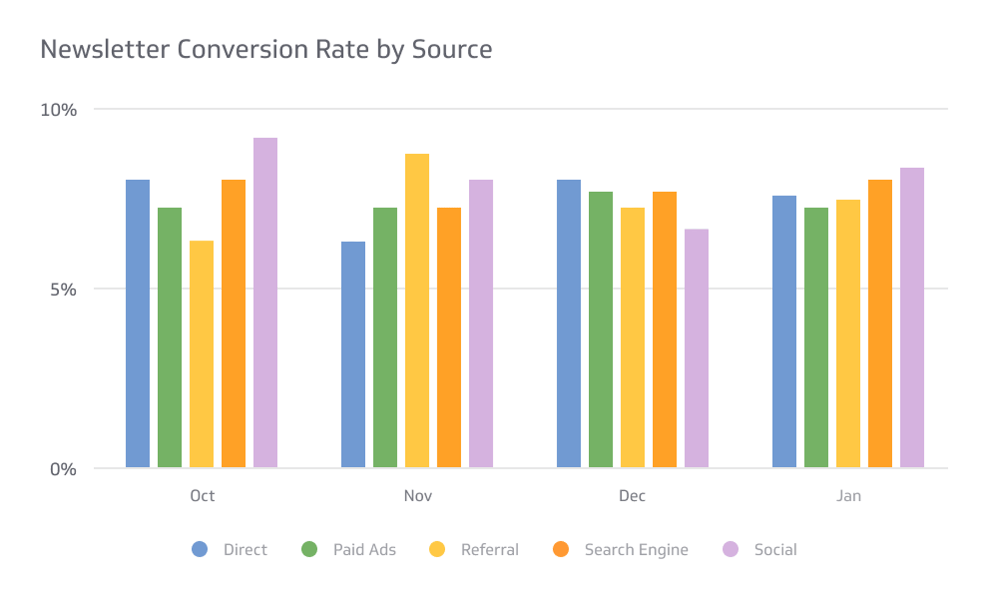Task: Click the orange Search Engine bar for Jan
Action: click(x=880, y=323)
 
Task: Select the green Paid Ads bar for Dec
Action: click(x=601, y=329)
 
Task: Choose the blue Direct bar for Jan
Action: click(x=784, y=331)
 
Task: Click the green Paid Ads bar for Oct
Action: click(x=170, y=337)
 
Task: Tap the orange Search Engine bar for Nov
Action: click(x=449, y=337)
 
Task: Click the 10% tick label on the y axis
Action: click(x=59, y=110)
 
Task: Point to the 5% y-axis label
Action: click(x=63, y=289)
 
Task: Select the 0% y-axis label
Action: click(x=63, y=469)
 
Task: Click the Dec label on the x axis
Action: click(x=632, y=496)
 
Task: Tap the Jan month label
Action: click(x=848, y=496)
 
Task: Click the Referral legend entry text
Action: click(x=489, y=549)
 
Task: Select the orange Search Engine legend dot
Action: click(x=561, y=549)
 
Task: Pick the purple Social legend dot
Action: click(x=730, y=549)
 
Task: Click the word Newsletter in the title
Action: click(x=104, y=49)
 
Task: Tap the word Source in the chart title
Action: click(x=452, y=49)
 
